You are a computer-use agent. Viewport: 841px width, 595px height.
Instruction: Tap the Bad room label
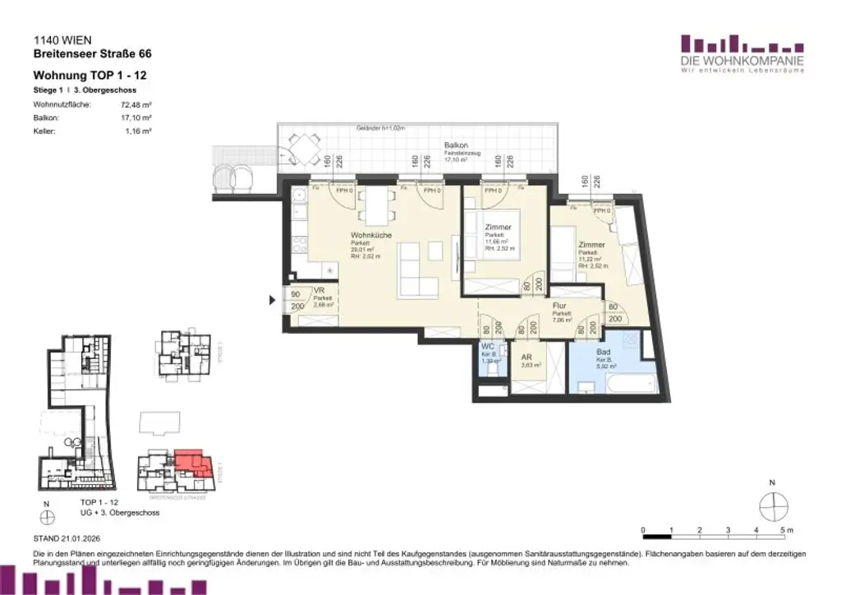pyautogui.click(x=604, y=351)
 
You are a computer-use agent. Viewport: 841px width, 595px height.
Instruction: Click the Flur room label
pyautogui.click(x=561, y=305)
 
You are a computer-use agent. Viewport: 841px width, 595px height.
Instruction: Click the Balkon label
pyautogui.click(x=456, y=145)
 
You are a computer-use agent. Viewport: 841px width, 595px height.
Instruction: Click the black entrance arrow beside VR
pyautogui.click(x=273, y=300)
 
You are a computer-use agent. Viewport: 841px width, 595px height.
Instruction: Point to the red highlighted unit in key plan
pyautogui.click(x=192, y=464)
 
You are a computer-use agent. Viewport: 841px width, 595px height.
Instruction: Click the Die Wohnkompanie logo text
pyautogui.click(x=742, y=62)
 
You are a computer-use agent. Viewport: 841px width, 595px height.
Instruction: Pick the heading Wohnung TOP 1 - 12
pyautogui.click(x=90, y=76)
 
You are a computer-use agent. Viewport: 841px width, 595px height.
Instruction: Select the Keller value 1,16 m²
pyautogui.click(x=138, y=131)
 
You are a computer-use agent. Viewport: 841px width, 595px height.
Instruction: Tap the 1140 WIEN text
pyautogui.click(x=62, y=39)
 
